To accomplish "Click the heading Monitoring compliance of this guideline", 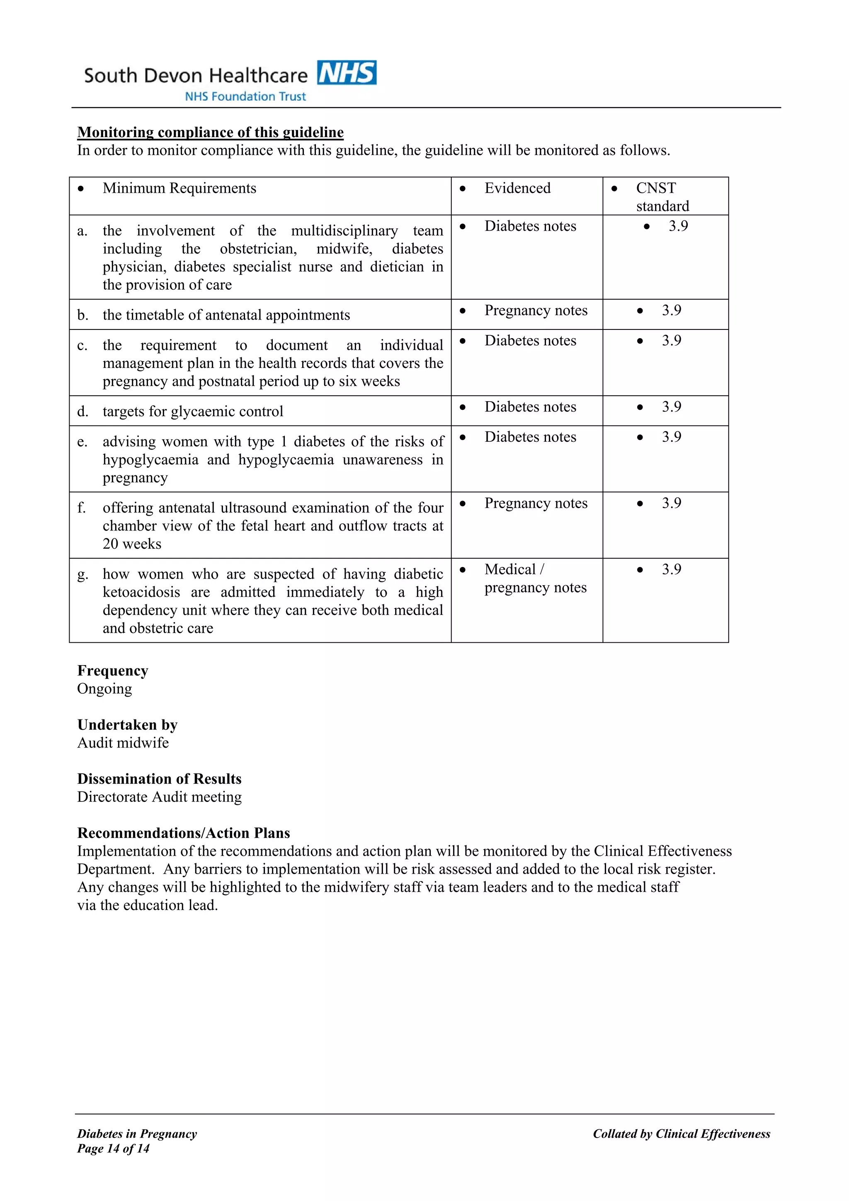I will click(210, 132).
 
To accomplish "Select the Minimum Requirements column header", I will click(180, 188).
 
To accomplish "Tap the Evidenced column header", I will click(517, 188).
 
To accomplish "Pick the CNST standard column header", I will click(662, 197).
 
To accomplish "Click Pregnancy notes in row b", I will click(536, 311).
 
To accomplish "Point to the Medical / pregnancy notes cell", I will click(535, 579).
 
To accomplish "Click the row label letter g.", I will click(82, 575).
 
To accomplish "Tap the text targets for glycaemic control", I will click(192, 412).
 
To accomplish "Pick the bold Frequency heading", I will click(112, 671).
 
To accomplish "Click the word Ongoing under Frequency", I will click(104, 689).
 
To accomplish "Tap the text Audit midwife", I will click(123, 743).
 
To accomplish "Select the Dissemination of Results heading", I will click(159, 779).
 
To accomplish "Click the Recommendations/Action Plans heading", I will click(184, 833).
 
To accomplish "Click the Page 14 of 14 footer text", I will click(114, 1149).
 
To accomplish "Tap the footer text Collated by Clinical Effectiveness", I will click(681, 1133).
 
